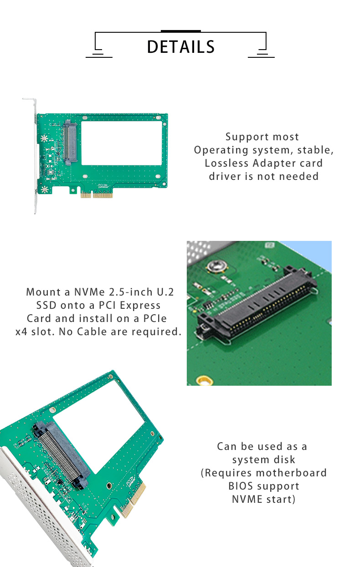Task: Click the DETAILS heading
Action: coord(180,47)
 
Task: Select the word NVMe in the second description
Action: coord(89,292)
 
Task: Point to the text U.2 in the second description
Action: coord(165,292)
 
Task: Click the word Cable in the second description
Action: coord(92,332)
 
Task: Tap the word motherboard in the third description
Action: coord(291,473)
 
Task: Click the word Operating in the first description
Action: coord(221,150)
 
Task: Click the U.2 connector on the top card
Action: coord(70,143)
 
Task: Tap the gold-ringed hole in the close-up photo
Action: coord(205,380)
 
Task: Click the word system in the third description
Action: coord(264,460)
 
